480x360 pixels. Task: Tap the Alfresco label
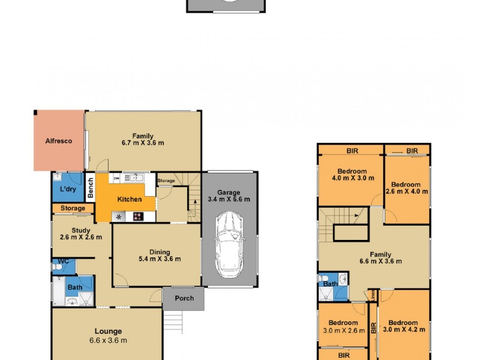pos(59,141)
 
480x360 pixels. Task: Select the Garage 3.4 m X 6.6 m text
pos(229,195)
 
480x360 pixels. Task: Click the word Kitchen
pos(130,199)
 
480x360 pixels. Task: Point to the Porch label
pos(184,299)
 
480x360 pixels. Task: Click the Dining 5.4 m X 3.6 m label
pos(156,256)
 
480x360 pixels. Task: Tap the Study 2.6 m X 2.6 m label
pos(82,232)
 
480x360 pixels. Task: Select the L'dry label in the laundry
pos(67,190)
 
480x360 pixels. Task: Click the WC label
pos(63,262)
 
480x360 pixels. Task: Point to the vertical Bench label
pos(90,188)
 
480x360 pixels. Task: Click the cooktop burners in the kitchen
pos(137,217)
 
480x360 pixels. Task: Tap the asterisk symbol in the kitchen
pos(119,217)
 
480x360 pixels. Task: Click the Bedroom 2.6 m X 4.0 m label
pos(409,188)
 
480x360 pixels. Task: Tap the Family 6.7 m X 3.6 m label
pos(143,139)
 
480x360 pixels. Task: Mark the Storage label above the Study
pos(73,208)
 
